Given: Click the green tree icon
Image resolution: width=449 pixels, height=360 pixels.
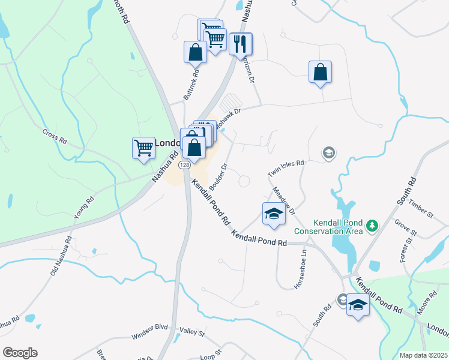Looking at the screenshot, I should click(373, 226).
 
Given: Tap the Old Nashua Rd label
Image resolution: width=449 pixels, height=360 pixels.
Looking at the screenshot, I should click(60, 257).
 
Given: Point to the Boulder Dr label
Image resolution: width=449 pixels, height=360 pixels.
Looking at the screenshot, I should click(220, 174).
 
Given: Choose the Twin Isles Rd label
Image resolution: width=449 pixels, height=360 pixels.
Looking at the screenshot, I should click(286, 167).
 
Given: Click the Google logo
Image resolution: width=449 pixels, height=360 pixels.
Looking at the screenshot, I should click(20, 353).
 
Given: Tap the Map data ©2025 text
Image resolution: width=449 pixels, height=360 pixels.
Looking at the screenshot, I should click(423, 355).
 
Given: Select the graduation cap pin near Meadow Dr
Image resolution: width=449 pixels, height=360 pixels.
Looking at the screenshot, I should click(273, 214).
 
